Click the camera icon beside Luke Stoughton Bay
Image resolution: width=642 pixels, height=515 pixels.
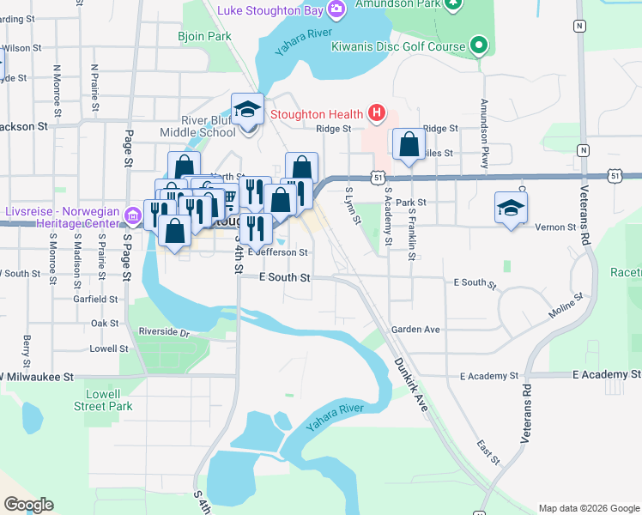point(336,9)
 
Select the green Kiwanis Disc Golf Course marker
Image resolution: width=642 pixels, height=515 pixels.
point(478,45)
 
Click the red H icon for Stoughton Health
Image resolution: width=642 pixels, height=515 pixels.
point(375,112)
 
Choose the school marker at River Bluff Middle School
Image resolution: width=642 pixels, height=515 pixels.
point(247,110)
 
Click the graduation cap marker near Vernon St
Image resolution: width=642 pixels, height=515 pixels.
point(511,208)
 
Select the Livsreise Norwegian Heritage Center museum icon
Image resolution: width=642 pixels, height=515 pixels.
point(133,213)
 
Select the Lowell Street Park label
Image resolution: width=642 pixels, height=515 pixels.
point(103,399)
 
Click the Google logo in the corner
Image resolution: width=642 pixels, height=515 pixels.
point(28,505)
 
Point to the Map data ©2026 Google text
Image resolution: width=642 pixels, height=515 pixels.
point(589,508)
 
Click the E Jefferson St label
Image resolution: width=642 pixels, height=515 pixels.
point(276,252)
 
